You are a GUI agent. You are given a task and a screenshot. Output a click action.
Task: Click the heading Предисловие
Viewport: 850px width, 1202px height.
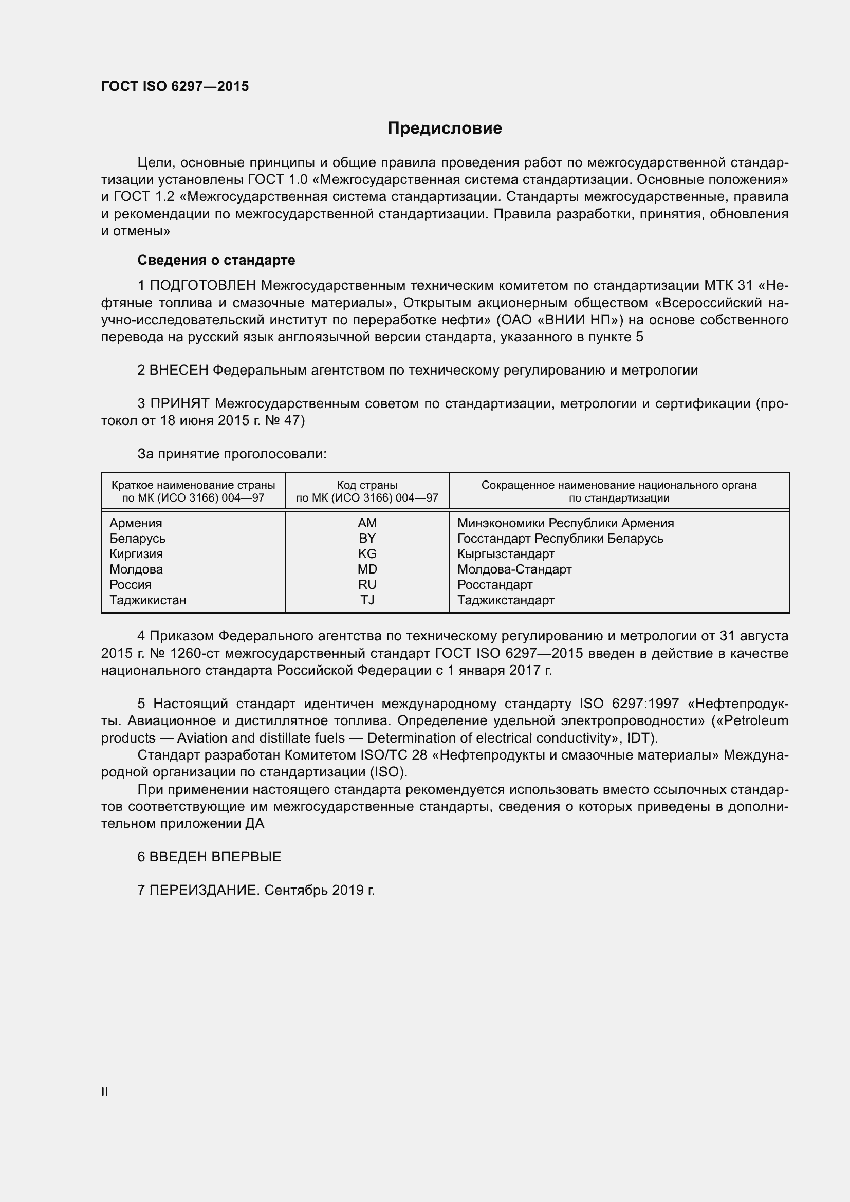point(445,128)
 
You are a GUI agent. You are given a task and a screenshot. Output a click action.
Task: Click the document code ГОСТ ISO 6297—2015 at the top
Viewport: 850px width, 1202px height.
point(175,86)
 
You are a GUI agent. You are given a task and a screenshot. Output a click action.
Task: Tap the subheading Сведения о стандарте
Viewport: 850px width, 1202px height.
point(216,260)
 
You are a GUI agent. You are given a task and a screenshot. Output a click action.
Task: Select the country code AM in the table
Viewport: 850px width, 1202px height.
point(367,523)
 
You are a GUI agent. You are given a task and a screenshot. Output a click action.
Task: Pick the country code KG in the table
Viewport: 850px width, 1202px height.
point(367,553)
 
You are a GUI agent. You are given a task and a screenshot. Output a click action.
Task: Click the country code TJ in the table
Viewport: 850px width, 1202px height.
point(367,600)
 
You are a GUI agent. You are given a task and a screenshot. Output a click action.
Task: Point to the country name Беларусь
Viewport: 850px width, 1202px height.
point(137,538)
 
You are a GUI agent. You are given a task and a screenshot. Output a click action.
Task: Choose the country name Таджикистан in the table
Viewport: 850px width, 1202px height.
point(147,600)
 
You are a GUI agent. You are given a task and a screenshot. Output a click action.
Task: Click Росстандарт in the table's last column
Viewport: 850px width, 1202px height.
point(494,585)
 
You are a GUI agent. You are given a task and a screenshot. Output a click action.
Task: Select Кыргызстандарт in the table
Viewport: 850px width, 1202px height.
point(506,554)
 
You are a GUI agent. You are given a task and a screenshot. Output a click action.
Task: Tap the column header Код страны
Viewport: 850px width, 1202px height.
point(367,485)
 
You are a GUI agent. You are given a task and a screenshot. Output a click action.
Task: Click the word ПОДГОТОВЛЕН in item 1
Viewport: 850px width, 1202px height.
point(203,285)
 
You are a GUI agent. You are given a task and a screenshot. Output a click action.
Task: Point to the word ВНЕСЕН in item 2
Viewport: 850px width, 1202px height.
point(179,370)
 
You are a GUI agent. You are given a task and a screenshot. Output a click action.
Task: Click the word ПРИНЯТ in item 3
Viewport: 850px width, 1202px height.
point(180,403)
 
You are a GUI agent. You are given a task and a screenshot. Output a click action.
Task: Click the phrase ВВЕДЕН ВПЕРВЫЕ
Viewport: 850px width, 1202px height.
point(215,857)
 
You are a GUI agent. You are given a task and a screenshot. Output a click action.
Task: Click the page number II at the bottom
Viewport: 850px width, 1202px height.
point(105,1092)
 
